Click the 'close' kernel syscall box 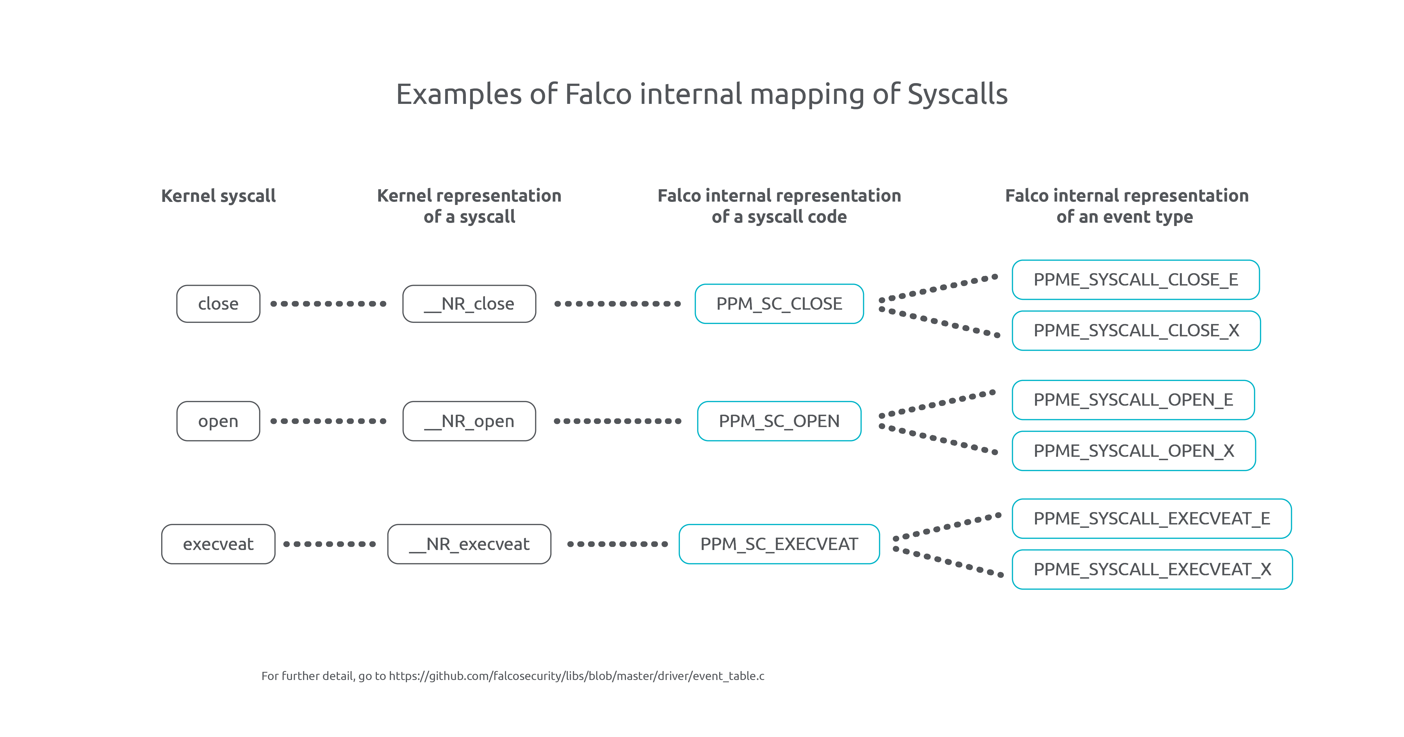point(218,304)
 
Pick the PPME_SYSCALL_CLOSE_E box point(1135,280)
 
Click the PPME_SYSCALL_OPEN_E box point(1133,400)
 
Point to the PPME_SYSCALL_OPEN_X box point(1134,451)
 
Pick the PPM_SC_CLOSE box point(779,304)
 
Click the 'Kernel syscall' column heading point(218,196)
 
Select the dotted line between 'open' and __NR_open point(329,421)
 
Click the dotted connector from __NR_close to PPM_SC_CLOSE point(617,304)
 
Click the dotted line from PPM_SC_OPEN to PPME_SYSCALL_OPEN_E point(938,404)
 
